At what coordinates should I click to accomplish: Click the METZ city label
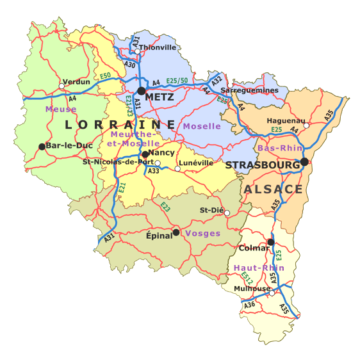[160, 97]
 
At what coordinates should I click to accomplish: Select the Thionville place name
[158, 47]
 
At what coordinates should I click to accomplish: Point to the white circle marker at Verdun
[62, 86]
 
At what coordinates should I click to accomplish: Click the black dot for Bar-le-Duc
[42, 147]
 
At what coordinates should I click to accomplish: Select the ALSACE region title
[272, 190]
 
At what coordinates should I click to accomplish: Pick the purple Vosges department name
[202, 234]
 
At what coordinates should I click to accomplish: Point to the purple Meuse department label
[61, 109]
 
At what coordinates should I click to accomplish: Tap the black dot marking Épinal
[176, 232]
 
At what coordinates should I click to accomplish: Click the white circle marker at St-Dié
[227, 213]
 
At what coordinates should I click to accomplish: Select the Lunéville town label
[196, 163]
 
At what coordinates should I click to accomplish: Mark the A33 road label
[154, 171]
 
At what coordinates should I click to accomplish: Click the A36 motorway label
[249, 306]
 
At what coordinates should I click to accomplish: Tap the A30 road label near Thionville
[130, 65]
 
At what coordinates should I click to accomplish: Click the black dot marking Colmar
[271, 242]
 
